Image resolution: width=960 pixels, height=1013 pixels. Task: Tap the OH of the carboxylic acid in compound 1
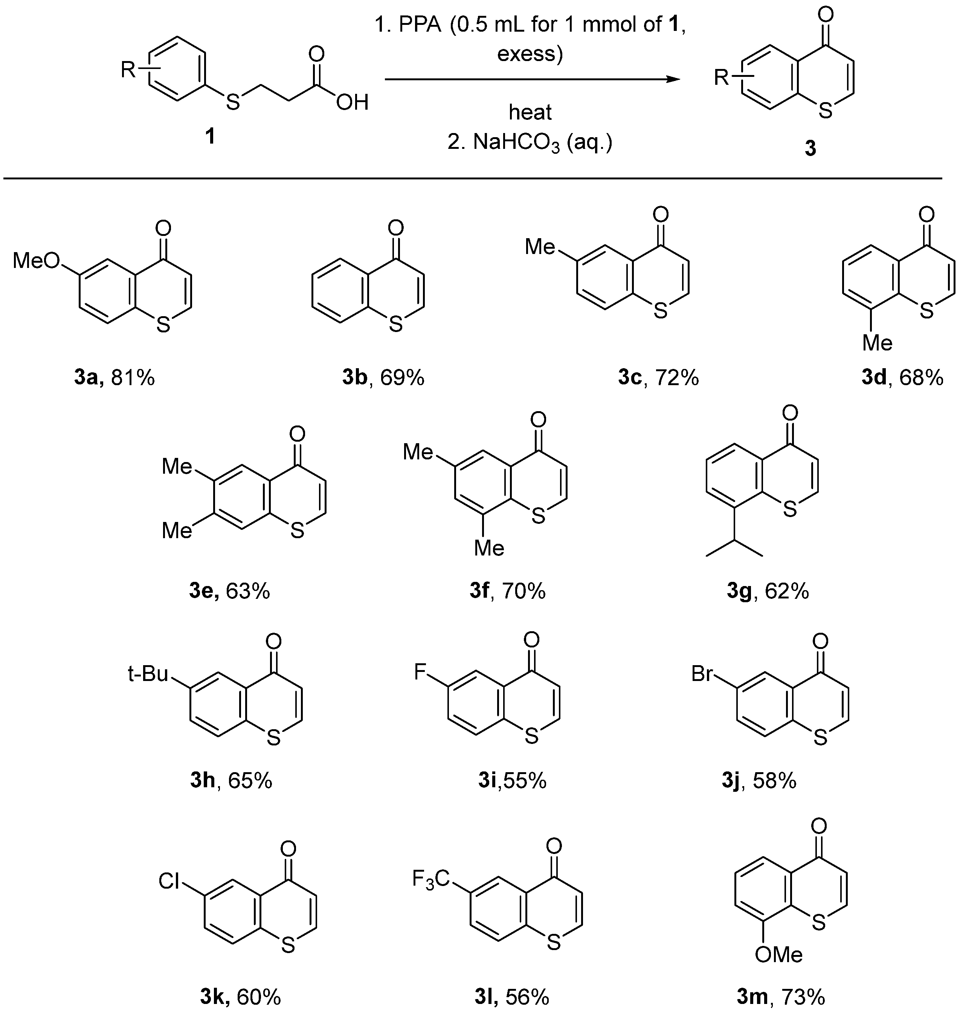click(x=353, y=103)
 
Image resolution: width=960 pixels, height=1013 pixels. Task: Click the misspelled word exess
click(x=530, y=53)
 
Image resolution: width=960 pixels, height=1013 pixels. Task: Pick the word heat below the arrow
click(x=530, y=112)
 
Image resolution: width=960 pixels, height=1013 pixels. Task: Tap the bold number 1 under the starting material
click(x=210, y=137)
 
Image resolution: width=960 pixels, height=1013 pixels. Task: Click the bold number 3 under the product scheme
click(x=810, y=148)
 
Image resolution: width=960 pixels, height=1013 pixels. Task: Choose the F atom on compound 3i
click(x=420, y=672)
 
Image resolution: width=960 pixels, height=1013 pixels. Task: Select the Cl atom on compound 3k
click(x=169, y=881)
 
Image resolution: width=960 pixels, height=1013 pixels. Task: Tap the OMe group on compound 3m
click(x=779, y=954)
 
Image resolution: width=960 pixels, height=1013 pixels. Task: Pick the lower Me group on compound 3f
click(x=489, y=548)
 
